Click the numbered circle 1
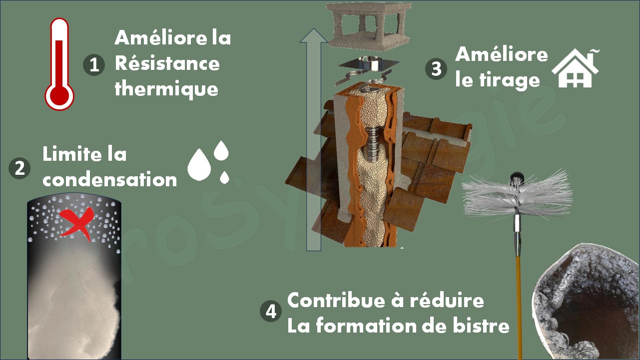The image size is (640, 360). coord(94,65)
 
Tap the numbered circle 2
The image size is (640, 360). coord(19,168)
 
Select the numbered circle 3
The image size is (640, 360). coord(436,69)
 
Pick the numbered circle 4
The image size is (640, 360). coord(271,311)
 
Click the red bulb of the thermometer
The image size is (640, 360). coord(59,96)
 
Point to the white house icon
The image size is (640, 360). coord(575,68)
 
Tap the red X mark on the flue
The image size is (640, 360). coord(76,223)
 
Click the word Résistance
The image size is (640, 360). coord(167,63)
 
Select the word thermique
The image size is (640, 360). coord(166,89)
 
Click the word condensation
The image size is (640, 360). coord(110,180)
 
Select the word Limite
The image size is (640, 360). coord(72,154)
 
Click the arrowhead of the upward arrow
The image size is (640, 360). coord(314,35)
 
